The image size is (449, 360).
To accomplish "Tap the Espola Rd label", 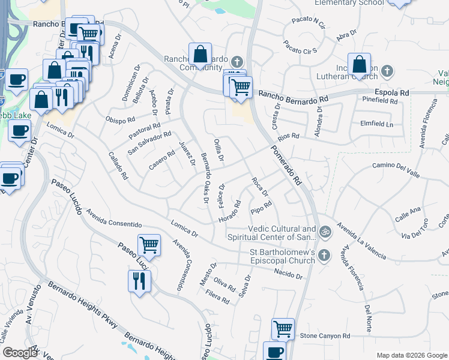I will pos(391,93).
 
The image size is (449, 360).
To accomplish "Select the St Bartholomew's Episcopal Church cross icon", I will pos(324,255).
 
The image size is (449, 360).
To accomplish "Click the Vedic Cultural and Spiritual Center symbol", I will pos(325,230).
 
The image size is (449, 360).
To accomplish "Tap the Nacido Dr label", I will pos(289,275).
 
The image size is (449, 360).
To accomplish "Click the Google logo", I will pos(20,353).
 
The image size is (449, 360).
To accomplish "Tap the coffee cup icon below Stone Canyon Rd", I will pos(275,352).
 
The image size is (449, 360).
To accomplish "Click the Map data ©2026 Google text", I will pos(411,355).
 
